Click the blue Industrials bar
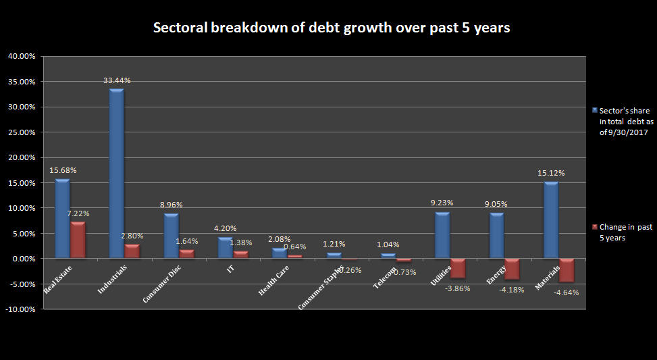point(116,174)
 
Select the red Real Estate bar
point(78,240)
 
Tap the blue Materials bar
point(551,220)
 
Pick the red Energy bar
point(512,269)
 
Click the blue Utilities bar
point(442,235)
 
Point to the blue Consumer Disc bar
point(171,236)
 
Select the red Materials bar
point(566,270)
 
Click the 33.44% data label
point(117,80)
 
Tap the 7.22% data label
point(78,213)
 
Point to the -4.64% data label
point(566,292)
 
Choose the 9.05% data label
point(496,204)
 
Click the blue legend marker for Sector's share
point(594,110)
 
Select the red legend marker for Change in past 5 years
point(594,228)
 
